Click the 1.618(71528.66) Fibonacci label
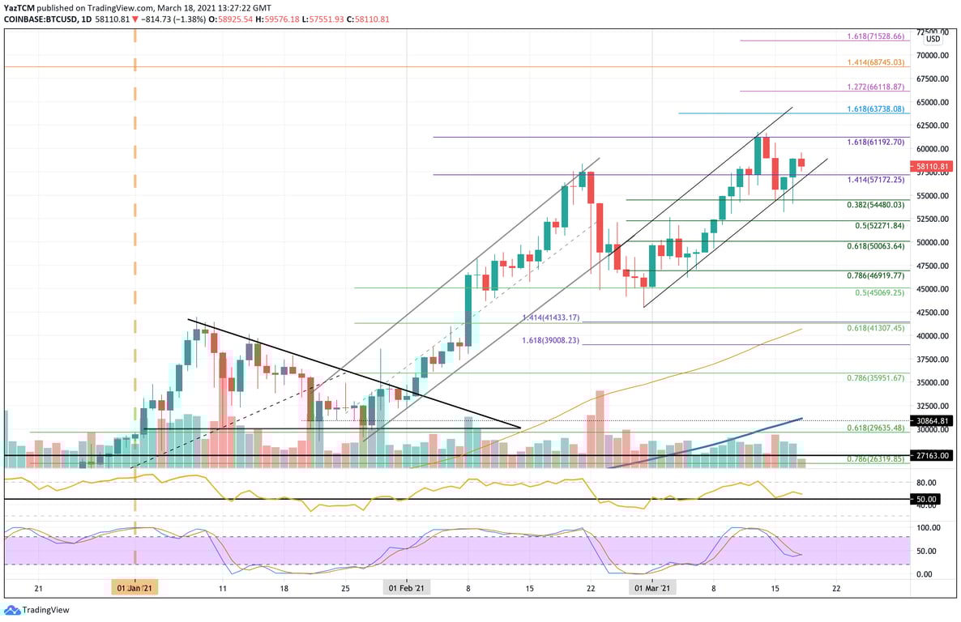coord(875,37)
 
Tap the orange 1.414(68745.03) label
coord(875,62)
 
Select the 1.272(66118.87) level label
coord(875,86)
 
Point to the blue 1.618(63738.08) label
coord(875,109)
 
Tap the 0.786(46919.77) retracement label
coord(875,276)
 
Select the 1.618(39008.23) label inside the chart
coord(551,341)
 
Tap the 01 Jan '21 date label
coord(135,588)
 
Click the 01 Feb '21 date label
coord(406,588)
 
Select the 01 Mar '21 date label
coord(652,588)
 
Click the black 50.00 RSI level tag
coord(926,499)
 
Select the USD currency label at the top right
coord(933,39)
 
